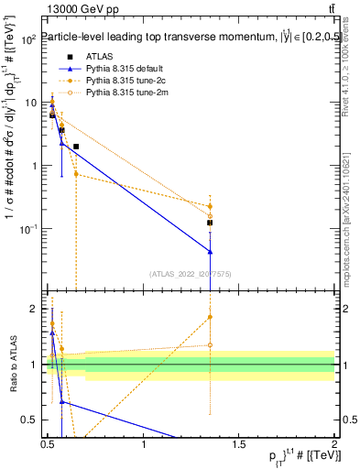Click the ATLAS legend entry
100,56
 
